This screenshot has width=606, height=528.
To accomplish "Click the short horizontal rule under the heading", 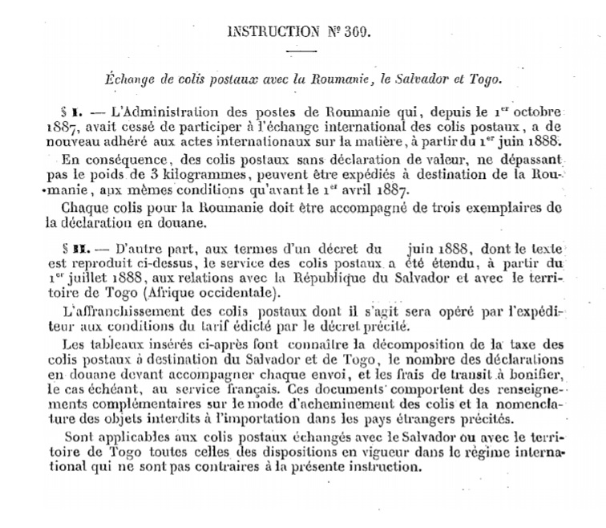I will [302, 52].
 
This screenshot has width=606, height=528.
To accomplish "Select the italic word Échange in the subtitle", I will [131, 79].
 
